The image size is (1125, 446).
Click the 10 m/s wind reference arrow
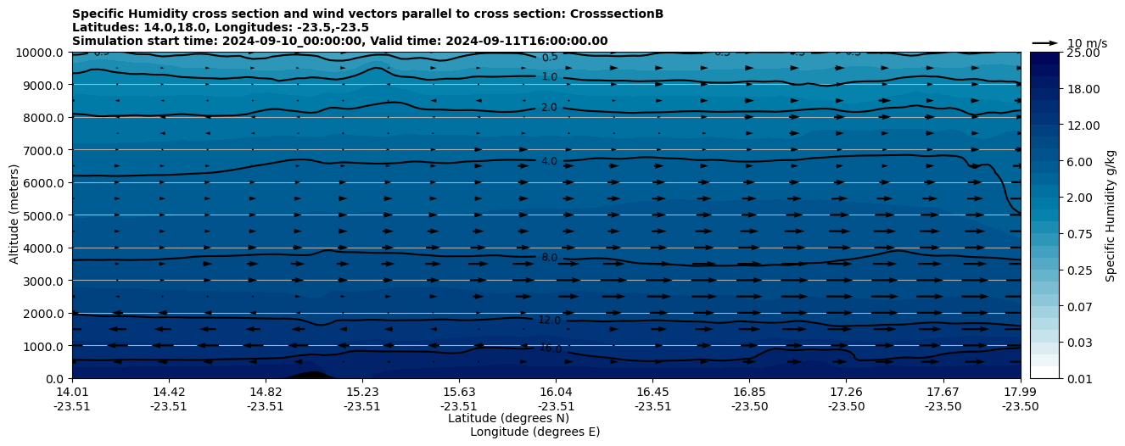tap(1044, 42)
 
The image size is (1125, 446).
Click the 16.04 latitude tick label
tap(556, 392)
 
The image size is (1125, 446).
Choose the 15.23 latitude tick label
tap(361, 392)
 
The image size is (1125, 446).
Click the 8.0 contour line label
tap(549, 258)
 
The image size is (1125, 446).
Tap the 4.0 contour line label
tap(549, 161)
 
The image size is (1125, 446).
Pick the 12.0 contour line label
tap(549, 321)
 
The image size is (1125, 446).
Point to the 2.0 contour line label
tap(549, 108)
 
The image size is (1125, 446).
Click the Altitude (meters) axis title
tap(14, 215)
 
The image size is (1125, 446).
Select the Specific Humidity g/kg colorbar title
tap(1111, 215)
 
